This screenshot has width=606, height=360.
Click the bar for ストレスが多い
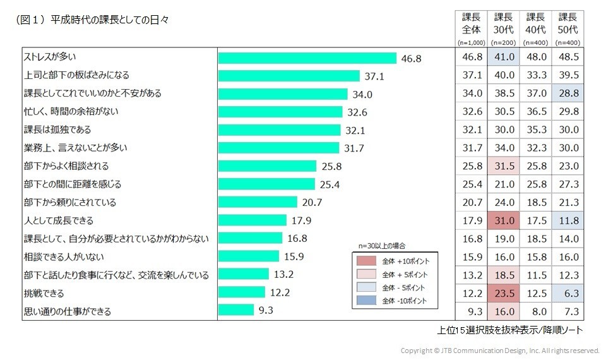(x=307, y=58)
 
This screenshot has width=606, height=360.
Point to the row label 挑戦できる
(x=44, y=293)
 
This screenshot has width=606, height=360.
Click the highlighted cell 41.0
(x=503, y=57)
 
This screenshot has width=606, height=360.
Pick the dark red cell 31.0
(x=503, y=220)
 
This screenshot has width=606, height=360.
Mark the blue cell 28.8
(x=567, y=93)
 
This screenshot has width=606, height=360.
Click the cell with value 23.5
(x=503, y=294)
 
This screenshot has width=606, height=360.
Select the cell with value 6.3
(x=567, y=294)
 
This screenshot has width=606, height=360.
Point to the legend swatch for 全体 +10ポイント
(x=366, y=260)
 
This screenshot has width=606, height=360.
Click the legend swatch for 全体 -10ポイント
(x=366, y=301)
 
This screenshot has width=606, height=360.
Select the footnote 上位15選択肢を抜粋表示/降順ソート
(x=509, y=330)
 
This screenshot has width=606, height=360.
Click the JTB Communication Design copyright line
(x=499, y=350)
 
